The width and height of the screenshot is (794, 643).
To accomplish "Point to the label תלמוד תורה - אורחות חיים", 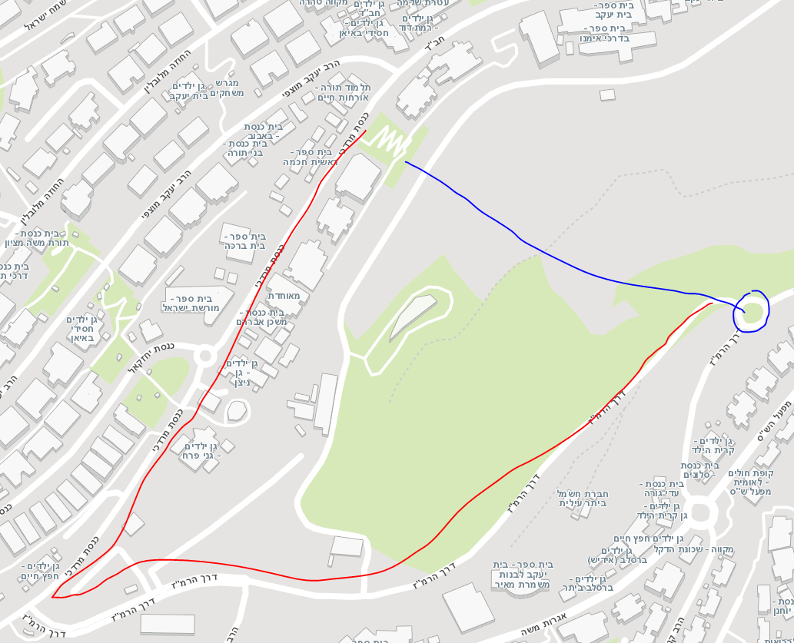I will (x=343, y=93).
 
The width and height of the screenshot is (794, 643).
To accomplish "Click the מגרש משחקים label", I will (x=224, y=88).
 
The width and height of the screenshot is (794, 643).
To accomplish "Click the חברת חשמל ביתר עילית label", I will (x=583, y=498).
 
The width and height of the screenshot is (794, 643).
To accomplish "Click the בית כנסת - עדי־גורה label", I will (x=660, y=489).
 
